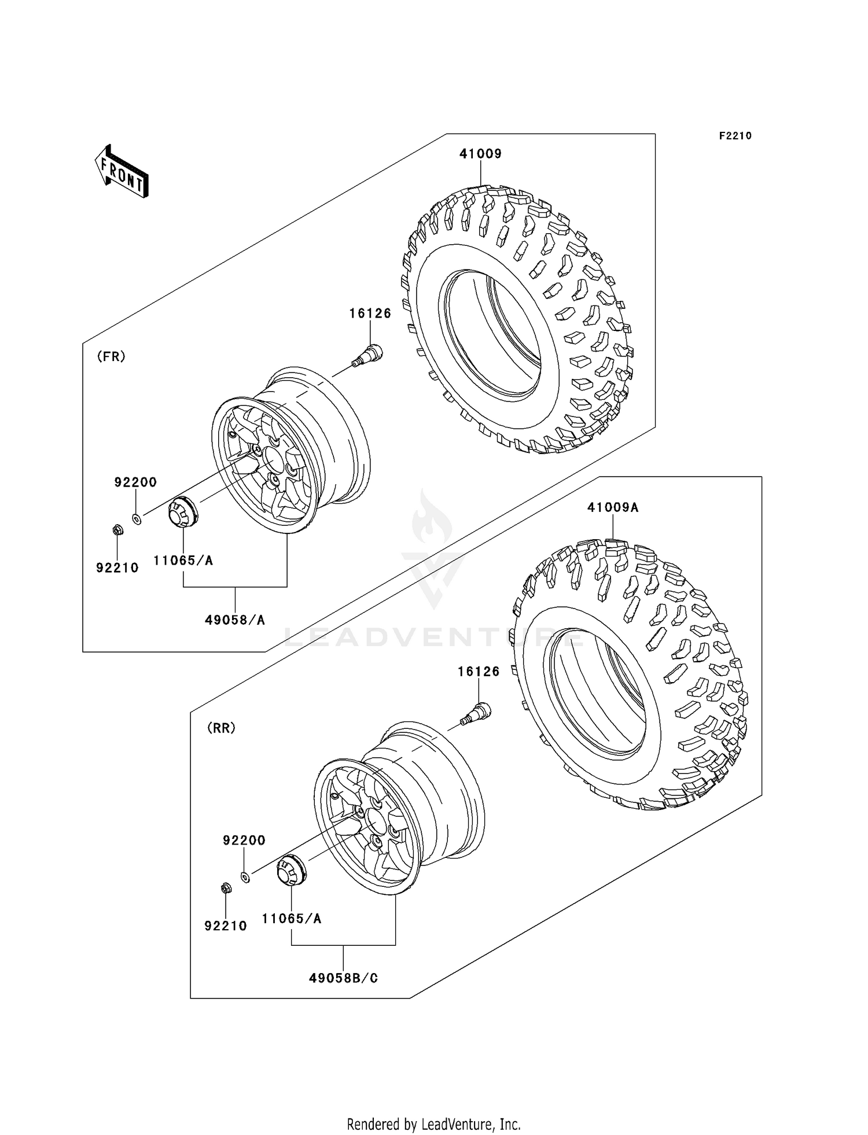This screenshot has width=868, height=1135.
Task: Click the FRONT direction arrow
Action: point(122,172)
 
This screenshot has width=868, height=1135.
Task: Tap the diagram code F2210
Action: point(735,136)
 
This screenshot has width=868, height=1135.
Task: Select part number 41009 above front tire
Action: point(480,154)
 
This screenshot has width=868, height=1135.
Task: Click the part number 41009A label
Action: point(612,507)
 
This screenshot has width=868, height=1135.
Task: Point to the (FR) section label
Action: point(111,356)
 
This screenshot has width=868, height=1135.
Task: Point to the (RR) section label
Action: point(221,728)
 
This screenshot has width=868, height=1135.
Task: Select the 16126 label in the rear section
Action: point(478,672)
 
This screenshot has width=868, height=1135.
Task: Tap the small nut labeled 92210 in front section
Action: point(117,529)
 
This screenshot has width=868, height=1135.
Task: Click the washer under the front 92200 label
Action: point(137,519)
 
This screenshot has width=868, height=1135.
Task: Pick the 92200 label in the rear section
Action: point(244,840)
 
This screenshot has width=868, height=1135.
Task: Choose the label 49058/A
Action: point(234,620)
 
